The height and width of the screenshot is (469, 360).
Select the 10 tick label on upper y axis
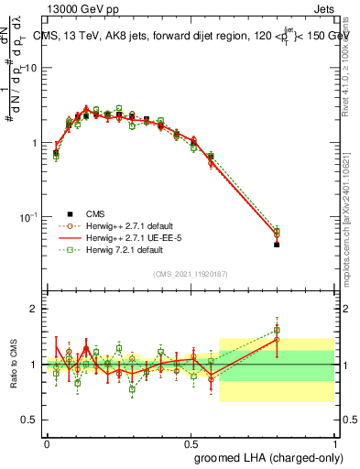[x=29, y=69]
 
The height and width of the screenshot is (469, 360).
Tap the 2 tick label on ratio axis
[x=33, y=309]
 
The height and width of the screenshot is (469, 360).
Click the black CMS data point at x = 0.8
[x=277, y=245]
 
